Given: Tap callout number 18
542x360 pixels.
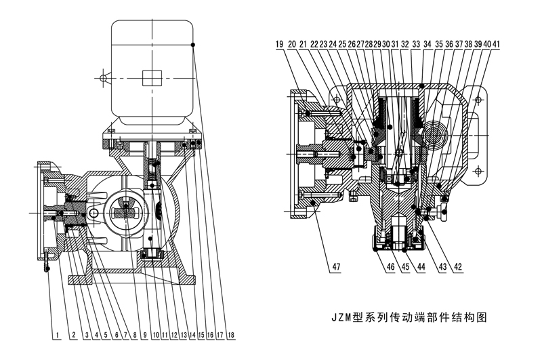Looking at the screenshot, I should (x=231, y=334).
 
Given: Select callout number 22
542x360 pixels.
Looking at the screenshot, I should (x=315, y=44).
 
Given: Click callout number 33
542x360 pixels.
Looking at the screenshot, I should (x=415, y=44).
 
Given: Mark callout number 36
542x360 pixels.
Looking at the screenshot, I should (x=449, y=44).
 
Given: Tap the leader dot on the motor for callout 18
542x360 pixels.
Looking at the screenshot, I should (x=194, y=45).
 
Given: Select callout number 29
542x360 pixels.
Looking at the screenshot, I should (x=377, y=44).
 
